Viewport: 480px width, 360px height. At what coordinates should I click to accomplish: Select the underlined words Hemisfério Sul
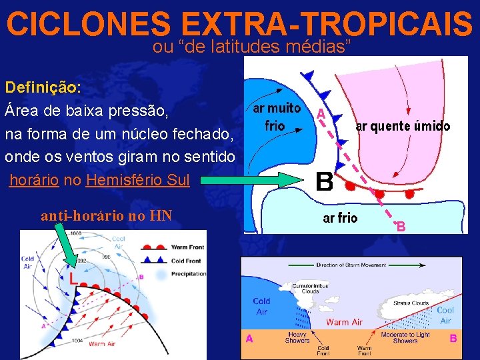coord(138,180)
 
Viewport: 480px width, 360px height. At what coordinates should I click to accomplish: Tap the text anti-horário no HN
coord(107,215)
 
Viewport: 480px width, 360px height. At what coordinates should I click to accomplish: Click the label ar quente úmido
coord(403,126)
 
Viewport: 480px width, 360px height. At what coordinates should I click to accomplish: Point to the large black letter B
coord(324,181)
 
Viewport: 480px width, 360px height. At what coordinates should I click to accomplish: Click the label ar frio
coord(340,218)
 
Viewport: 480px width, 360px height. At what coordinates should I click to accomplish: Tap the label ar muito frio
coord(275,117)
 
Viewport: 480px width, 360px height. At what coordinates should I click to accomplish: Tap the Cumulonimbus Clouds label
coord(306,288)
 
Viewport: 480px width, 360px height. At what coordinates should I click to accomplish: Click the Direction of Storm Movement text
coord(351,265)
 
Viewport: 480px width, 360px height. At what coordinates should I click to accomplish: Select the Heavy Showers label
coord(297,337)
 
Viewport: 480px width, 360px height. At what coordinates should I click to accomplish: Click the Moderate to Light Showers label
coord(405,337)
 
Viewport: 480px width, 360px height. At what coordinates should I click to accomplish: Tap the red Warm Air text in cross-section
coord(344,322)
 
